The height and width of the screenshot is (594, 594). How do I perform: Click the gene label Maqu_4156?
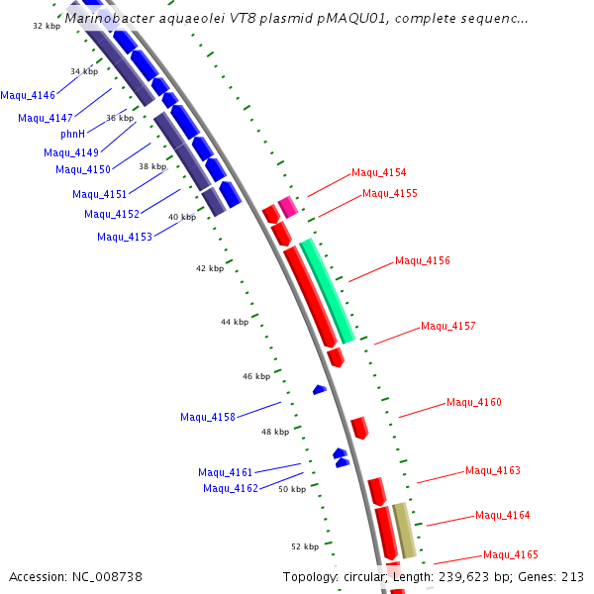(423, 261)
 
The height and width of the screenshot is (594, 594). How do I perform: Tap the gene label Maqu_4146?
(28, 96)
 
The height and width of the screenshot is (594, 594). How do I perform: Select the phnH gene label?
(73, 134)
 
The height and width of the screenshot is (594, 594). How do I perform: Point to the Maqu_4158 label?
(208, 417)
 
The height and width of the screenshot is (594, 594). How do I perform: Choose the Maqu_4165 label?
(511, 555)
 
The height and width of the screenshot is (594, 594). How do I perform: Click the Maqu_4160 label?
(474, 402)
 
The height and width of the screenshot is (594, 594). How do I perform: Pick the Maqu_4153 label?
(125, 237)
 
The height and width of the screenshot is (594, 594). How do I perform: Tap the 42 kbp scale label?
(210, 268)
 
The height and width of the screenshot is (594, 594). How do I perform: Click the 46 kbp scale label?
(256, 376)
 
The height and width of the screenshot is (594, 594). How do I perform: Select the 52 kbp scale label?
(305, 546)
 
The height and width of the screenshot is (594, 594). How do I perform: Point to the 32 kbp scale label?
(47, 26)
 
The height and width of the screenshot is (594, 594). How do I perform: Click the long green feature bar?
(328, 291)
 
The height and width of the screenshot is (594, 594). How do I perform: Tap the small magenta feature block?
(288, 207)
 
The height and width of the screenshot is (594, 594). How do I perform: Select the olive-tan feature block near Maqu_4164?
(404, 531)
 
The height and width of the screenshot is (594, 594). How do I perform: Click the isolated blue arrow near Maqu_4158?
(320, 390)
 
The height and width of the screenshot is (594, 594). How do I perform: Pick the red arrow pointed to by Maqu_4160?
(359, 428)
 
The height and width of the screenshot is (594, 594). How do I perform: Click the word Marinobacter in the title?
(111, 18)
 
